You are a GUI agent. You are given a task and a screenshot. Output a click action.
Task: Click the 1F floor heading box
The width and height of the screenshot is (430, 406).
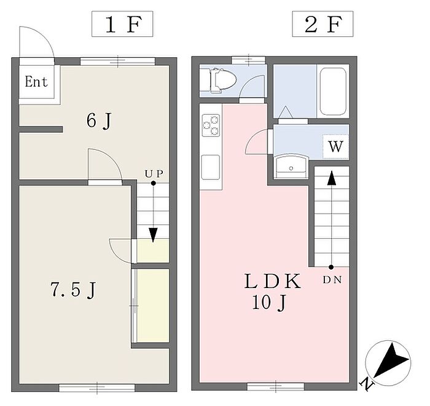click(x=122, y=25)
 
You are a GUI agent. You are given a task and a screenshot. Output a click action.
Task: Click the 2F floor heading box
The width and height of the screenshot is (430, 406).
click(x=321, y=25)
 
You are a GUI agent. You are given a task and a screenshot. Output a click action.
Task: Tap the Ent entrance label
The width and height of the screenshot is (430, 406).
click(x=36, y=82)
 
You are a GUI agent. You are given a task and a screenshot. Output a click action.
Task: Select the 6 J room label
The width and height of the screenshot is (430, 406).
click(x=99, y=120)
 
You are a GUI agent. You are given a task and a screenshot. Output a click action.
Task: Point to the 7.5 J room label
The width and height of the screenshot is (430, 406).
click(x=72, y=289)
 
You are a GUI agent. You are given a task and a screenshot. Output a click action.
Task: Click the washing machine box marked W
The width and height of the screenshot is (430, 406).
click(x=335, y=147)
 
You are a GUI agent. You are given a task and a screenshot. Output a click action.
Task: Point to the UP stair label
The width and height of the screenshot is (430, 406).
click(x=153, y=174)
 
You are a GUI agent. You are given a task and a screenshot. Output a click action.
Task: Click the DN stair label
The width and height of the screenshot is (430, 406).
click(x=332, y=280)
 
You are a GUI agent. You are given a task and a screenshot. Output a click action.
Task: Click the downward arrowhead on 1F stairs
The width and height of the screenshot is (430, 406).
click(x=152, y=234)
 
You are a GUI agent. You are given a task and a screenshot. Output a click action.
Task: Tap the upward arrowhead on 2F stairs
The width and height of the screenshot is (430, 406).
click(x=331, y=178)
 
